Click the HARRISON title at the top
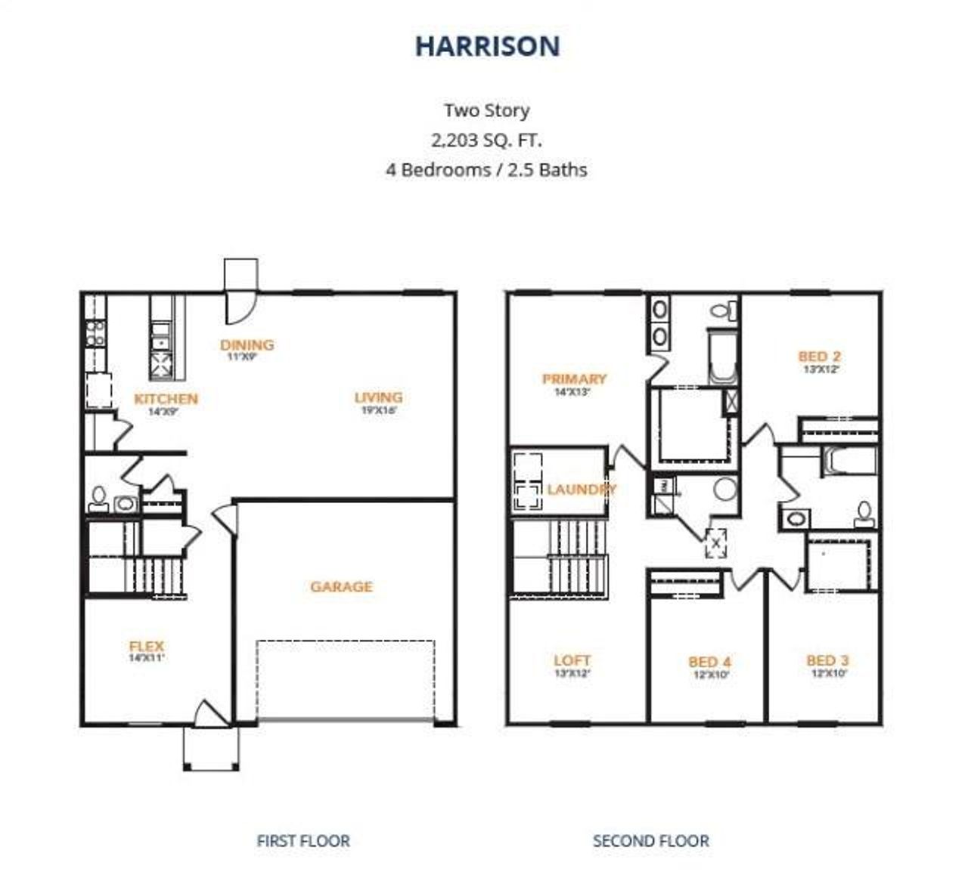coord(487,46)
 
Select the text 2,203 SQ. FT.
coord(486,140)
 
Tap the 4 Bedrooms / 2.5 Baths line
coord(486,169)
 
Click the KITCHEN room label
coord(166,399)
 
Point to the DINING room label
coord(247,345)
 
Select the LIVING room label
coord(378,397)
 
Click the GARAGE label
coord(341,586)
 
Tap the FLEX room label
coord(146,647)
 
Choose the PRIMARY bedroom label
coord(574,379)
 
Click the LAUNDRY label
coord(581,490)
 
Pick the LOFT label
coord(572,660)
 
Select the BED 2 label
coord(819,357)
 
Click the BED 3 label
coord(827,660)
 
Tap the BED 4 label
coord(709,663)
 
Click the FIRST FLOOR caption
coord(303,840)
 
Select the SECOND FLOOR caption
coord(650,840)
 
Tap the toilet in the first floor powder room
coord(98,499)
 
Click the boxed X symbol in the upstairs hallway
coord(715,543)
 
